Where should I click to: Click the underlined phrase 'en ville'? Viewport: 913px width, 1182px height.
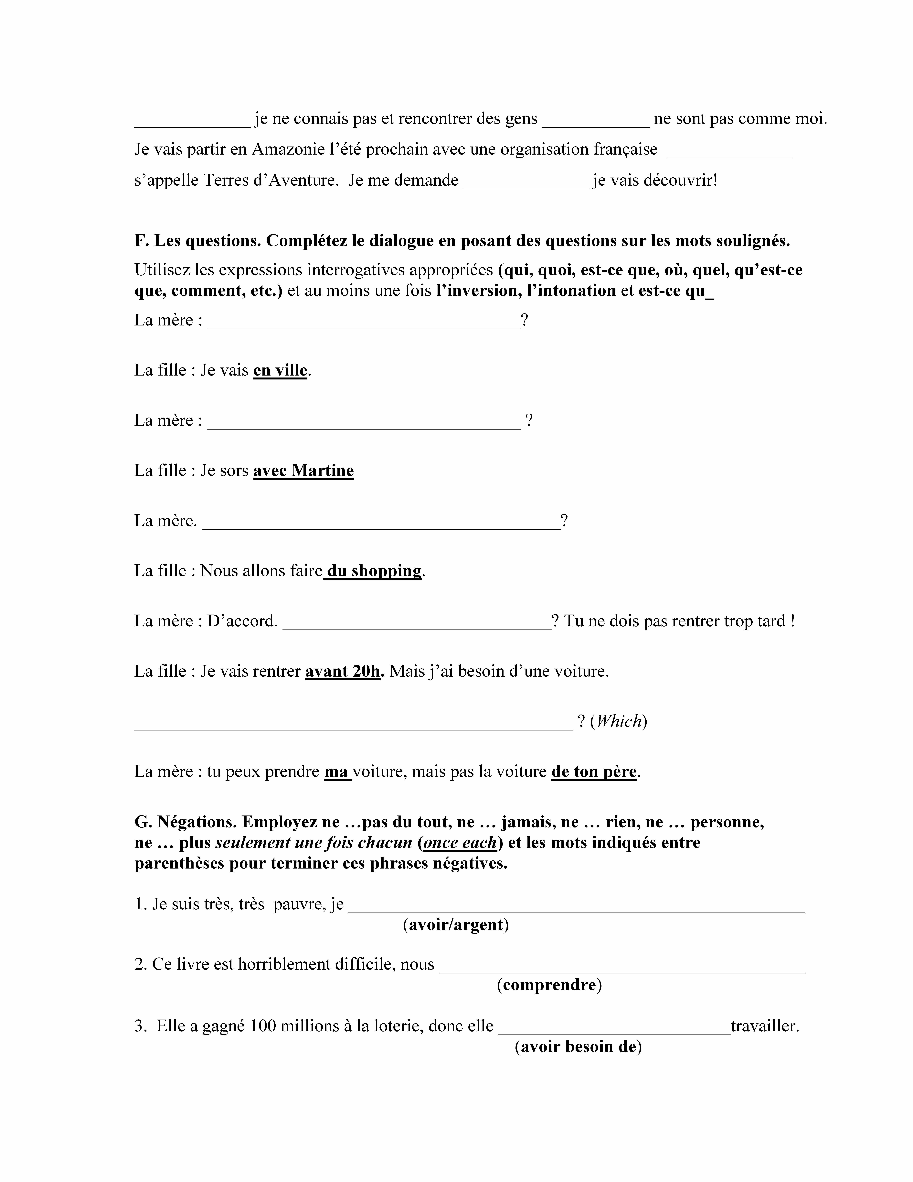click(280, 371)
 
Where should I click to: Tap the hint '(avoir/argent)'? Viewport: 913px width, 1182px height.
click(455, 925)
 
